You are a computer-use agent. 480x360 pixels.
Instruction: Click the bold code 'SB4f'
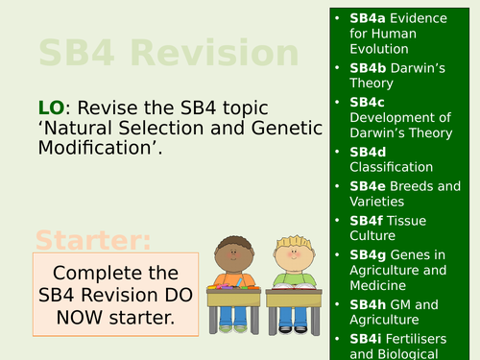click(367, 220)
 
